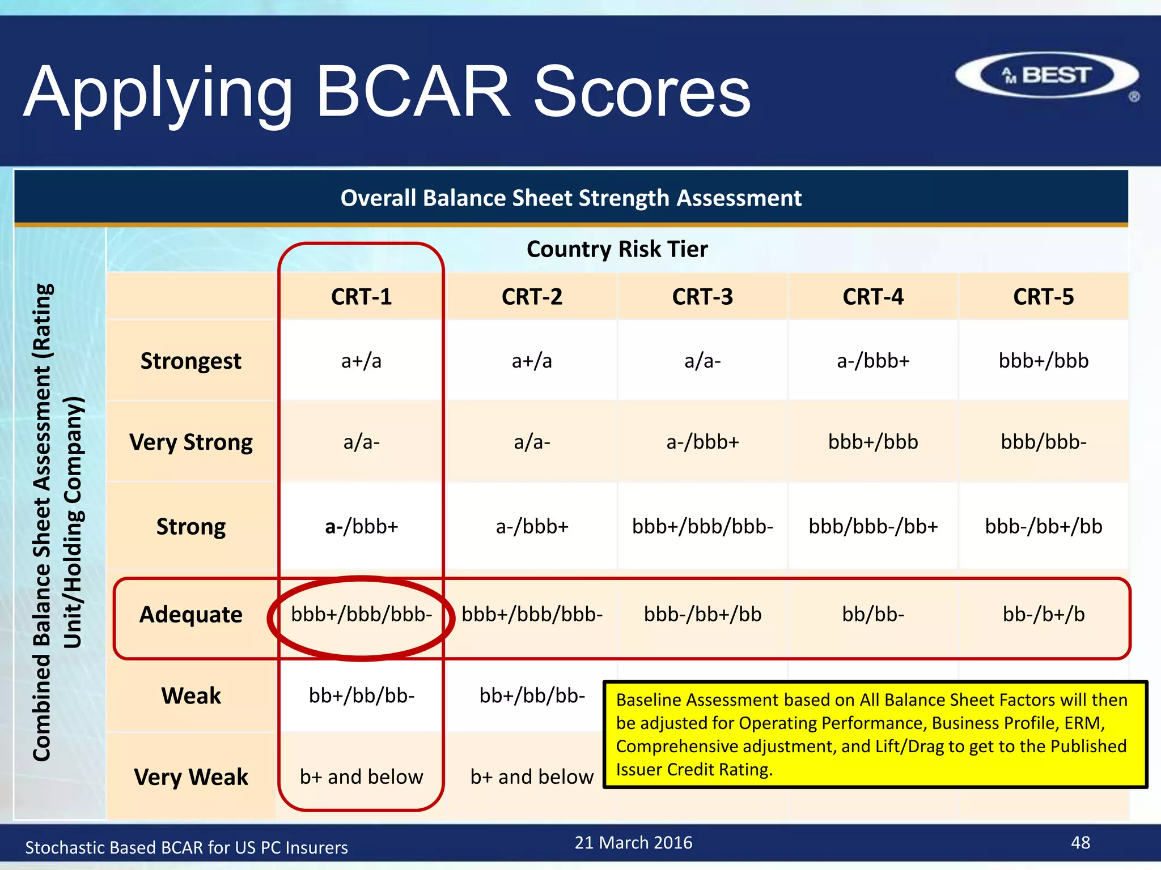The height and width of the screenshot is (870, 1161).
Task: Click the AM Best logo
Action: click(x=1046, y=75)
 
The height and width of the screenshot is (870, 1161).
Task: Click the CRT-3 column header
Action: click(x=702, y=297)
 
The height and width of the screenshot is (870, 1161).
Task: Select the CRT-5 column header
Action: click(x=1043, y=297)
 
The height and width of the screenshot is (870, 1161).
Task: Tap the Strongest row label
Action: click(x=191, y=361)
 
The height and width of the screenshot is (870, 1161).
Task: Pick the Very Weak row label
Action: click(x=191, y=777)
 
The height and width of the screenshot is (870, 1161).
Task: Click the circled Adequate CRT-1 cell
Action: click(x=362, y=615)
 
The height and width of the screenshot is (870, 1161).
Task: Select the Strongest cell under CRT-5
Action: click(x=1043, y=361)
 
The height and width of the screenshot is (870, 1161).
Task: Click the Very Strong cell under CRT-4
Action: click(x=872, y=442)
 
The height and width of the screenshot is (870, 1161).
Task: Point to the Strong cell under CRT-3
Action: click(x=702, y=526)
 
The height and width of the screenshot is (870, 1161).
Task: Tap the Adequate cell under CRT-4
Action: click(x=872, y=615)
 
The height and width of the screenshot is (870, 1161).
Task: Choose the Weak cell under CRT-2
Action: click(x=532, y=696)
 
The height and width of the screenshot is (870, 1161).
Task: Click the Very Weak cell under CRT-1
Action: click(x=362, y=777)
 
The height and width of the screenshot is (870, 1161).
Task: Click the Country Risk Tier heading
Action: click(x=617, y=249)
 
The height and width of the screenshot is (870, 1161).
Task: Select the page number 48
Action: click(x=1080, y=843)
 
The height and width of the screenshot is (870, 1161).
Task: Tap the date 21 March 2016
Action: click(x=633, y=843)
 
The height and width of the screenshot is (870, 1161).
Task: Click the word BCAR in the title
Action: click(x=413, y=92)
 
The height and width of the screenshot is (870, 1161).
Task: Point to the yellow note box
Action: click(x=875, y=734)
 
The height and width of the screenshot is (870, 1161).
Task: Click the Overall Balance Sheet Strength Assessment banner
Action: click(x=571, y=198)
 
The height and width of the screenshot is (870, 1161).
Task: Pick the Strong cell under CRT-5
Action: click(x=1043, y=526)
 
